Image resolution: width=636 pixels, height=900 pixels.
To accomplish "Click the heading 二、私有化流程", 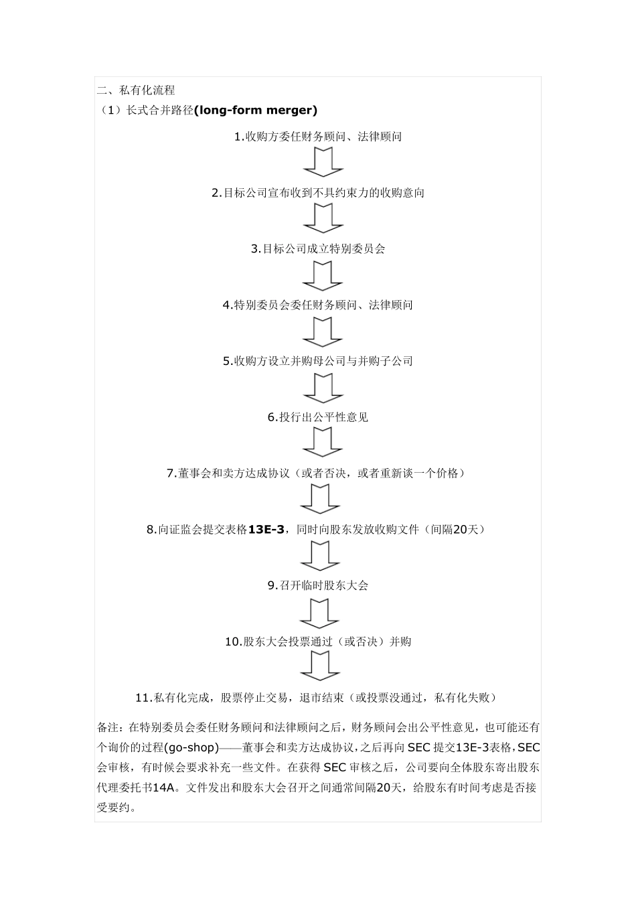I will click(137, 90).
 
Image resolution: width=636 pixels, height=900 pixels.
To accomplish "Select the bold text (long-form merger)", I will click(255, 110).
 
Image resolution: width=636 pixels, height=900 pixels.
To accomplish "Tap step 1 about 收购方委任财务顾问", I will click(318, 137).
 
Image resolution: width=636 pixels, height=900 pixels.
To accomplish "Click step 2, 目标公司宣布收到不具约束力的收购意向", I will click(318, 193).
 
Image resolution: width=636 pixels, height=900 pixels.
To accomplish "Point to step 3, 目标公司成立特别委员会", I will click(318, 249).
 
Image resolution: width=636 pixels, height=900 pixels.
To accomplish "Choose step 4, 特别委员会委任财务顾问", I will click(318, 305).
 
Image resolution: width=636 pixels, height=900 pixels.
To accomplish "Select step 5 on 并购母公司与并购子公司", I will click(318, 362).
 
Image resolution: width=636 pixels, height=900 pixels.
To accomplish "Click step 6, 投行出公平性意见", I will click(318, 418).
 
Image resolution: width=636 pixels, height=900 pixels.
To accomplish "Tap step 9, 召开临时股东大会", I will click(318, 586).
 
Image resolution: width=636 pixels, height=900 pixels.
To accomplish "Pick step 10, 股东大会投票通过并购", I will click(318, 642).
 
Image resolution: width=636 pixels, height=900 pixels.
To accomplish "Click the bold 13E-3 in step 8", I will click(266, 530).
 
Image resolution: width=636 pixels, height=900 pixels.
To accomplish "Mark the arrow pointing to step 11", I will click(321, 668).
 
